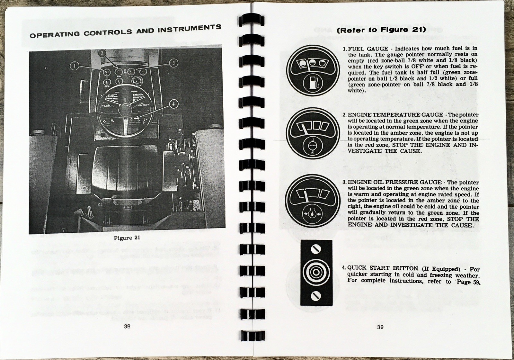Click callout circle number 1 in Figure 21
(x=74, y=66)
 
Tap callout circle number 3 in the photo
(x=173, y=62)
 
